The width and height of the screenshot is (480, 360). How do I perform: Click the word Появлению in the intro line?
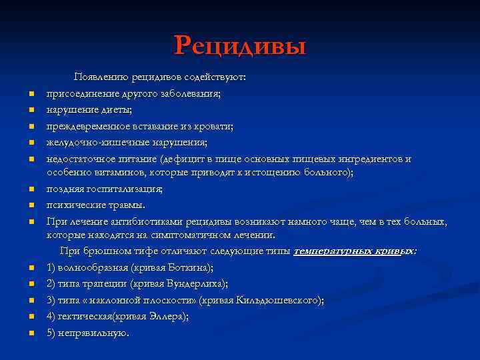pos(99,77)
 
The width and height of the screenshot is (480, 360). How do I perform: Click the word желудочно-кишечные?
pos(90,142)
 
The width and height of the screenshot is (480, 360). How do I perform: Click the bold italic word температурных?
pos(328,251)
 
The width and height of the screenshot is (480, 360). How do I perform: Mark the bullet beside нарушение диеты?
pos(31,111)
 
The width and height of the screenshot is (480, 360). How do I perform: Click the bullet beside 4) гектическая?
pos(31,317)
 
